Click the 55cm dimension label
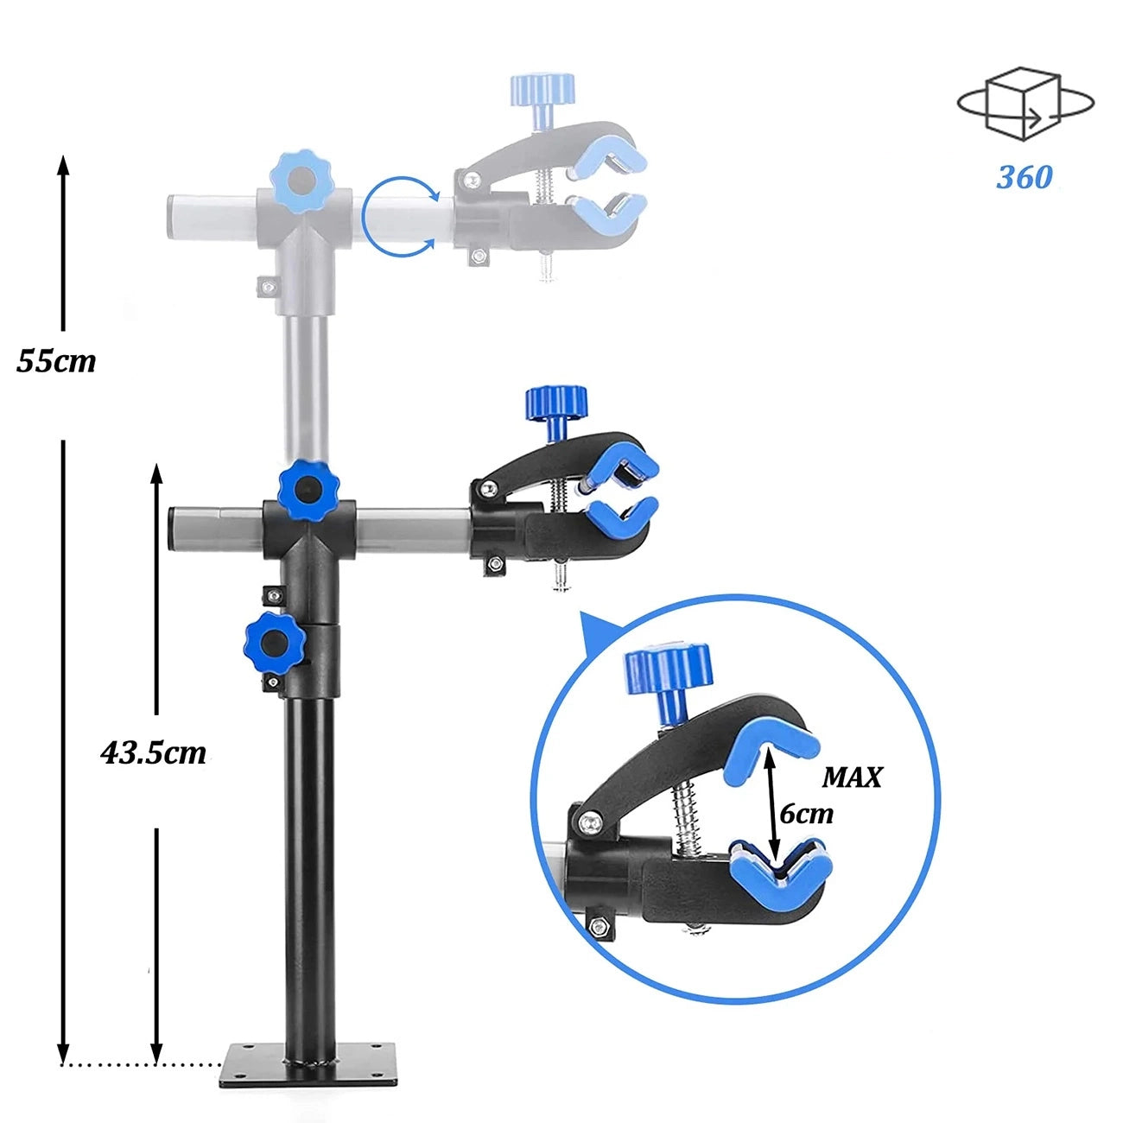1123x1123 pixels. click(56, 360)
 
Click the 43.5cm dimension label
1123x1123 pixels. click(154, 752)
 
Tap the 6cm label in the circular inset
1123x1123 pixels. click(806, 814)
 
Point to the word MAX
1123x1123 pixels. click(851, 777)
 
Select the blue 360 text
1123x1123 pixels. click(1025, 177)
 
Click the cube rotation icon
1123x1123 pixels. click(1025, 104)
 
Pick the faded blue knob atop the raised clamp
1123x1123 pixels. click(542, 90)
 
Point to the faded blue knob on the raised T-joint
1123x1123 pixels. click(301, 180)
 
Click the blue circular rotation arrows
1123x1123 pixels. click(398, 217)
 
